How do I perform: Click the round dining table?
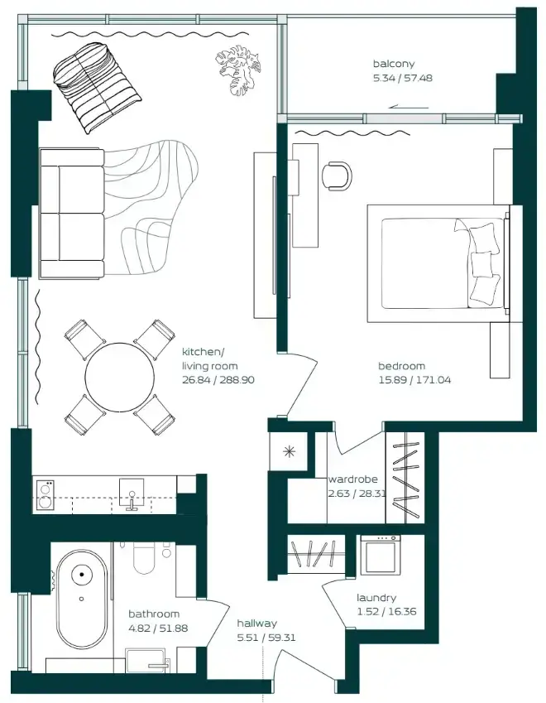[120, 377]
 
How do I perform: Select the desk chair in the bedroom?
[337, 176]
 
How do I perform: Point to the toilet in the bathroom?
[144, 558]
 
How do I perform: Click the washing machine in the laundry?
[381, 555]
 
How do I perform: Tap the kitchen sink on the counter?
[132, 494]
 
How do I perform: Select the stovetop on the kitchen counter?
[45, 494]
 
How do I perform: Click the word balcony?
[394, 64]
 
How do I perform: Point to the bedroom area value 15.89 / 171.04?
[414, 380]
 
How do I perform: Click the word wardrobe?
[353, 479]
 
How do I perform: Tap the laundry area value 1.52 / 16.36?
[386, 612]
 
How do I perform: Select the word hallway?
[257, 624]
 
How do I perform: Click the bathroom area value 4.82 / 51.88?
[158, 628]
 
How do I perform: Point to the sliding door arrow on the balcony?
[409, 107]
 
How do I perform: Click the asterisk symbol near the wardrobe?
[290, 452]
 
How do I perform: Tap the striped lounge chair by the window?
[97, 88]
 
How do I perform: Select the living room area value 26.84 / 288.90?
[218, 380]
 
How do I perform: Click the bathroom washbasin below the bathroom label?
[148, 660]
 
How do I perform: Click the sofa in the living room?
[72, 214]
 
